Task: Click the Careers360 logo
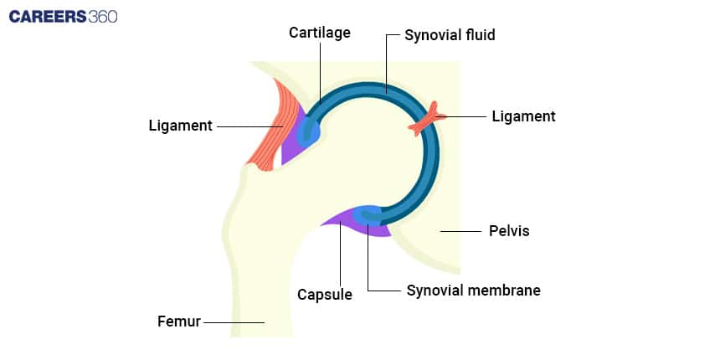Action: point(64,16)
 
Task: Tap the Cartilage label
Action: point(320,33)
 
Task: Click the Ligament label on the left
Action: point(180,126)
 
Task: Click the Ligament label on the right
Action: point(523,116)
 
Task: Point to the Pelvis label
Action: point(509,230)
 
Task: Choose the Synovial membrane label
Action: point(473,291)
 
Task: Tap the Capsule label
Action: point(325,295)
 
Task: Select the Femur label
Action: point(179,321)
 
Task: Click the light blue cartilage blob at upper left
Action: point(307,130)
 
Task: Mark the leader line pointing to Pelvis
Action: point(460,230)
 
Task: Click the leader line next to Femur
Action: point(234,321)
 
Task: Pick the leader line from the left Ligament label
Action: point(251,126)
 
